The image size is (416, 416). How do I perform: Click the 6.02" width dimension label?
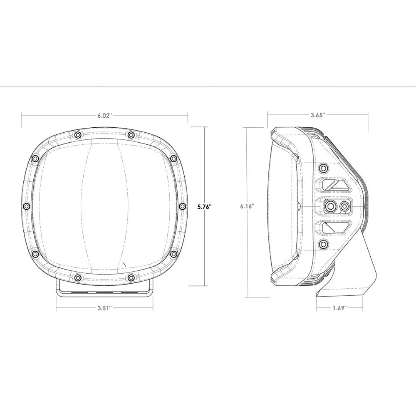pyautogui.click(x=104, y=116)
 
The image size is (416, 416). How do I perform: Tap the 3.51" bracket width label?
pyautogui.click(x=104, y=308)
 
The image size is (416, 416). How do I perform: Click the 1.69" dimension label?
pyautogui.click(x=339, y=308)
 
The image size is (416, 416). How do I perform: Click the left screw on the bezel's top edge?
pyautogui.click(x=77, y=134)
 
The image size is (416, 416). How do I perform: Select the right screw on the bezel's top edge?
pyautogui.click(x=131, y=134)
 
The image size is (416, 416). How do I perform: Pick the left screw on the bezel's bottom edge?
pyautogui.click(x=77, y=277)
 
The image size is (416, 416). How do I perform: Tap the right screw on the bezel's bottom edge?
pyautogui.click(x=131, y=277)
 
